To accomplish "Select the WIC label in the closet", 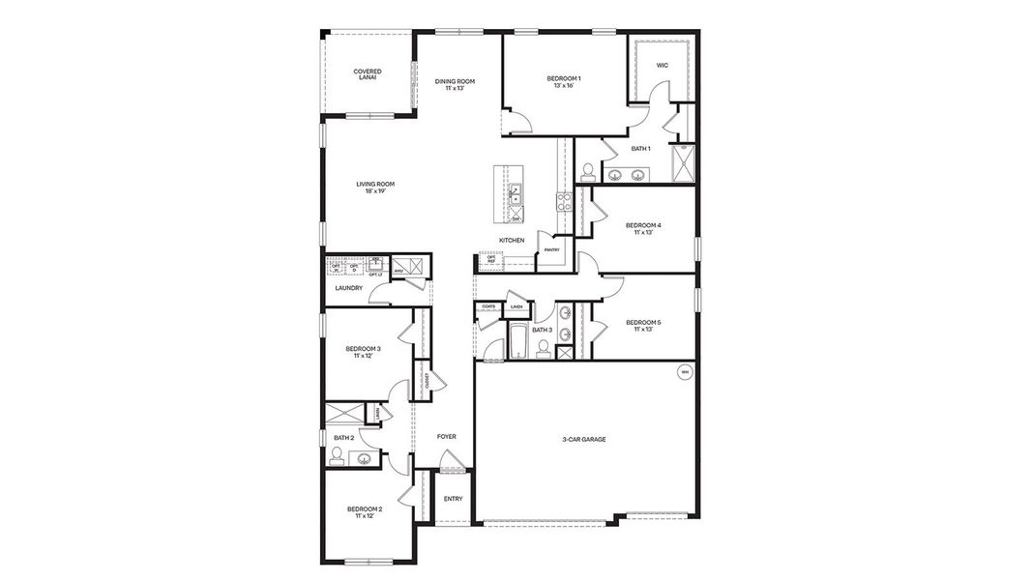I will [x=662, y=66].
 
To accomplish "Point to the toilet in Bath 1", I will [x=586, y=172].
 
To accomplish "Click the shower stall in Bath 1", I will [x=683, y=164].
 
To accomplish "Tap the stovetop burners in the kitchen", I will [x=564, y=201].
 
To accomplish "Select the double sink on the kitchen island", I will [x=516, y=193].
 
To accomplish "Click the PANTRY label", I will [x=551, y=249].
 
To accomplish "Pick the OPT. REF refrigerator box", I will [x=491, y=260].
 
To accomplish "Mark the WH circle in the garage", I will [x=685, y=372].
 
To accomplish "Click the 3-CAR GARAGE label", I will [x=584, y=439].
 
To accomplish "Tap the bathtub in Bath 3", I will [x=517, y=341].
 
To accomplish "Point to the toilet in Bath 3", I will [x=544, y=349].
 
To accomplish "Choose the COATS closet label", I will [x=488, y=306].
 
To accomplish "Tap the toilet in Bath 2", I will [x=336, y=455].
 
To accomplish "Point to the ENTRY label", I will [x=453, y=499].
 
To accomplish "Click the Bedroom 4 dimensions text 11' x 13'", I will [x=643, y=232].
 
